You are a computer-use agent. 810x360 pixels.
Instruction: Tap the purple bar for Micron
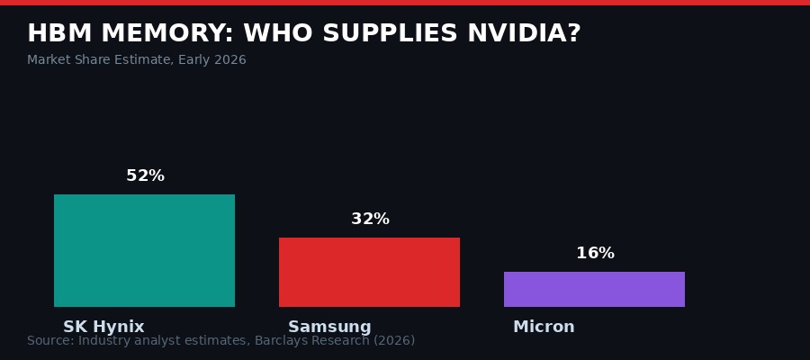tap(594, 289)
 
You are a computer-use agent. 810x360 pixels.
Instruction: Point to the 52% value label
tap(145, 176)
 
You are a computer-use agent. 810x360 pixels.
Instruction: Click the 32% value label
tap(370, 220)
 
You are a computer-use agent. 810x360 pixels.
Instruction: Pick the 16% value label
tap(595, 254)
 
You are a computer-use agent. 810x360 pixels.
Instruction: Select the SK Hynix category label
tap(103, 327)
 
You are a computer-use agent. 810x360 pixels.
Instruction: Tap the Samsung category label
tap(329, 327)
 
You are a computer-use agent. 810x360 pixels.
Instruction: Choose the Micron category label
tap(544, 327)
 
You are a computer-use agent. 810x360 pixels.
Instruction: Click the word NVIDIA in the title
tap(524, 34)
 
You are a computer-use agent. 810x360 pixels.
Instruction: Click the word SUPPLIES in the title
tap(390, 34)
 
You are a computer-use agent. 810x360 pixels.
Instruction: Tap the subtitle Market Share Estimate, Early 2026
tap(136, 60)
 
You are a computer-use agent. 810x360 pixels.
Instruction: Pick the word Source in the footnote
tap(49, 341)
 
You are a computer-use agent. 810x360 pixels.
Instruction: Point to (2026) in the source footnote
tap(393, 341)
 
